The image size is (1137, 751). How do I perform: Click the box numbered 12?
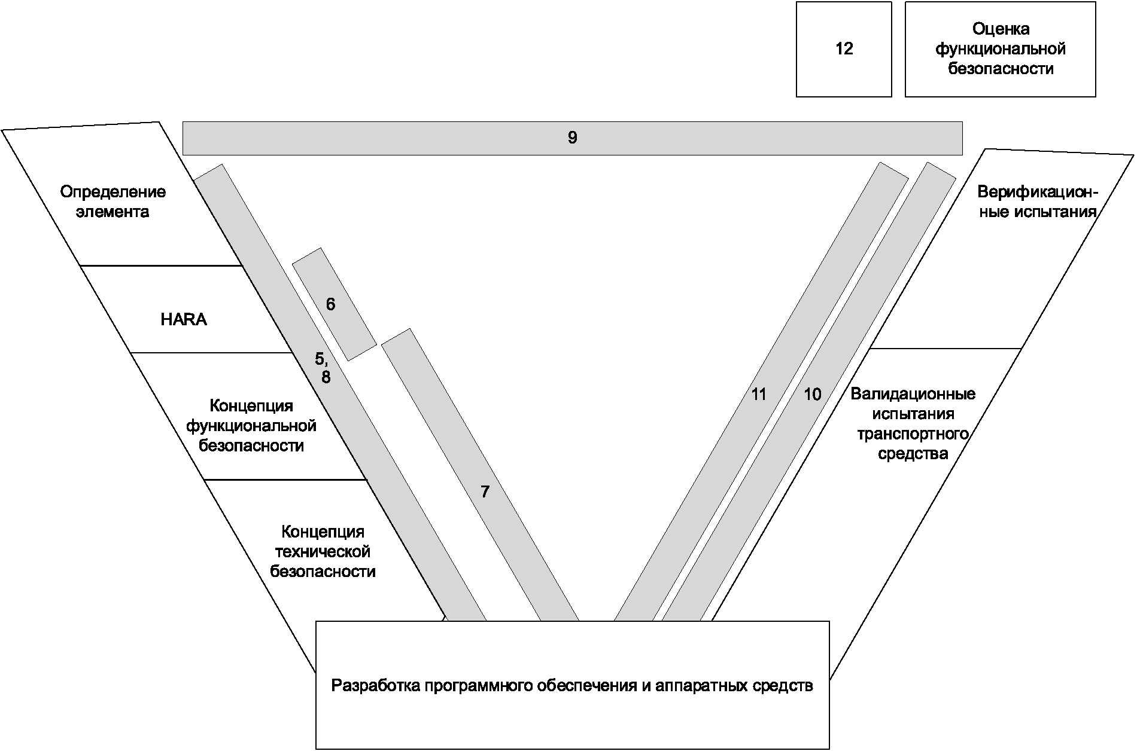point(844,49)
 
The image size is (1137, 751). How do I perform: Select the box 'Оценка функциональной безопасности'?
point(1000,49)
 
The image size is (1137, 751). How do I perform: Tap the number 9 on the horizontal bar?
point(572,138)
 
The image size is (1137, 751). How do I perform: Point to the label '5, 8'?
point(323,368)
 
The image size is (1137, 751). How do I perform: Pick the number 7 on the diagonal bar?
point(485,492)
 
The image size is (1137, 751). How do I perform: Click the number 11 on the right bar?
point(758,395)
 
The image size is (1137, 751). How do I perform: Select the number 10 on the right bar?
point(812,395)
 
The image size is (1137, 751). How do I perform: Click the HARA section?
point(184,320)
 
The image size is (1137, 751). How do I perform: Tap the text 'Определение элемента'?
point(113,202)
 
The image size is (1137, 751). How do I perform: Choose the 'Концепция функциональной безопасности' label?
point(251,426)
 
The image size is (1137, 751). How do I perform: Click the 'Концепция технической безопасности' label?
point(323,551)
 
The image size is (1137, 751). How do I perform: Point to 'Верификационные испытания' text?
point(1037,202)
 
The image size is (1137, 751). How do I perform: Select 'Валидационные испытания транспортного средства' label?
point(913,423)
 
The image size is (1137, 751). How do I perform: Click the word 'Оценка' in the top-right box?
point(1000,29)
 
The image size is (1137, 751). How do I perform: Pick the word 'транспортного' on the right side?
point(913,433)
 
